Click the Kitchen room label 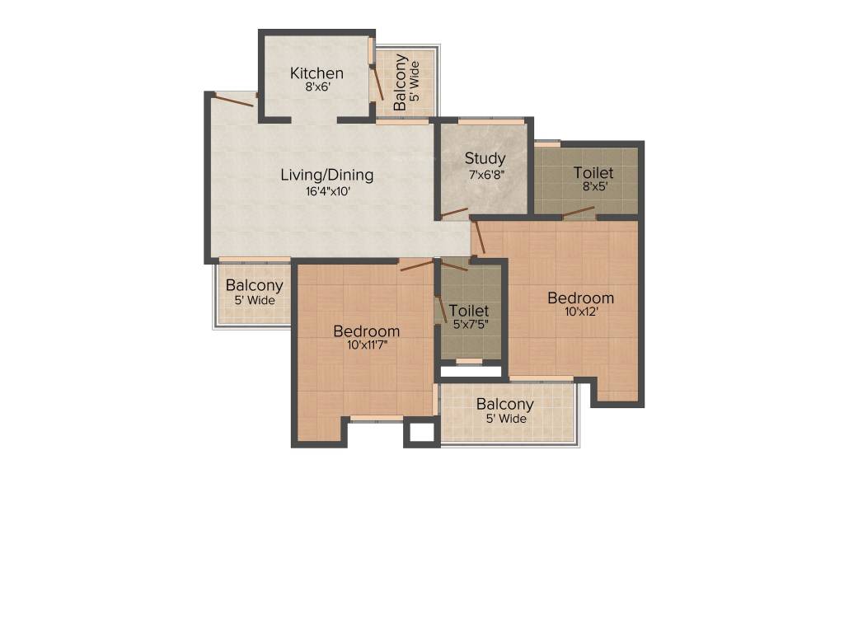click(316, 73)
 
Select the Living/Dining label click(326, 175)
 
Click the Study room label click(485, 158)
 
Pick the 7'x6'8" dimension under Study click(485, 175)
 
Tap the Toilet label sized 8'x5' click(593, 173)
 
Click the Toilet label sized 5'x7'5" click(469, 311)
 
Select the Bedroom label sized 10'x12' click(581, 298)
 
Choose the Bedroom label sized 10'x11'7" click(366, 331)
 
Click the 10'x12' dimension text click(581, 312)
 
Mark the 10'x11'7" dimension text click(367, 345)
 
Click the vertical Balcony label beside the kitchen click(401, 82)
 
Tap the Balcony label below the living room click(255, 286)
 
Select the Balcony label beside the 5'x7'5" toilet click(504, 405)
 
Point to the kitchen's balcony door click(376, 82)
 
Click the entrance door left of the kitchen click(234, 101)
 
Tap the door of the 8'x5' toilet click(578, 213)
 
